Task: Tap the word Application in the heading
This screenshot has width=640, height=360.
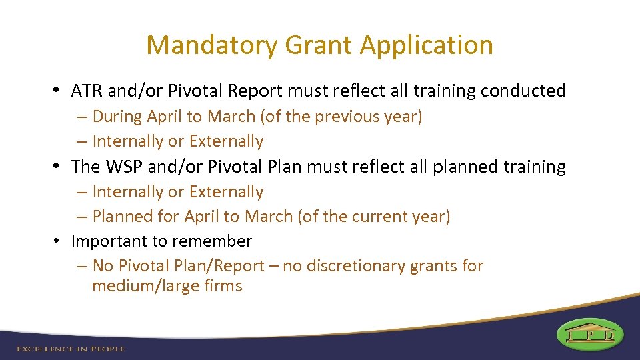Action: [427, 45]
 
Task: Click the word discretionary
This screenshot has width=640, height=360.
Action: [348, 266]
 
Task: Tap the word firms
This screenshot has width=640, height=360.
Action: [223, 287]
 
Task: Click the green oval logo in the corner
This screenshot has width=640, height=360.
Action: [589, 333]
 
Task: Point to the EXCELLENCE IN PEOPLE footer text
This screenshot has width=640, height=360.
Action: [70, 349]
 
